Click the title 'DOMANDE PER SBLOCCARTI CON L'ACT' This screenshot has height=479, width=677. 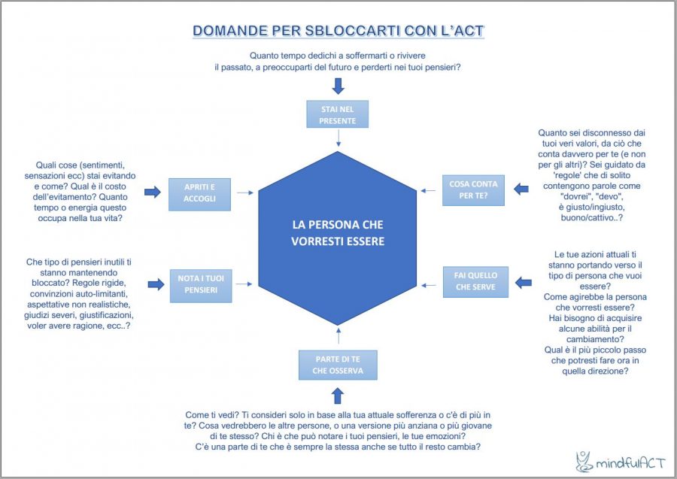338,31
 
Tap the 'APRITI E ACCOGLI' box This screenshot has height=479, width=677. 199,193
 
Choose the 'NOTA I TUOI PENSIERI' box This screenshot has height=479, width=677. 199,284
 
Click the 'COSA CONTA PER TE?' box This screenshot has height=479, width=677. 473,192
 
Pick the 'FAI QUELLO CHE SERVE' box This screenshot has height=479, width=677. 475,281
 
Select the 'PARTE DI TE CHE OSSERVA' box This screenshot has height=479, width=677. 338,365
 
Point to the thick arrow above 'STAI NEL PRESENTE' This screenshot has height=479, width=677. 338,85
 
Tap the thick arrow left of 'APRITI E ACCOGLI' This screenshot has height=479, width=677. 153,193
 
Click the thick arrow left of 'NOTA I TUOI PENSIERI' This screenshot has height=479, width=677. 156,284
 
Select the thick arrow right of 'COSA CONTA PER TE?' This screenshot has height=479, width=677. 521,192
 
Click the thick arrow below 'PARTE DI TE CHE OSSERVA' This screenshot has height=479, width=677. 338,395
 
